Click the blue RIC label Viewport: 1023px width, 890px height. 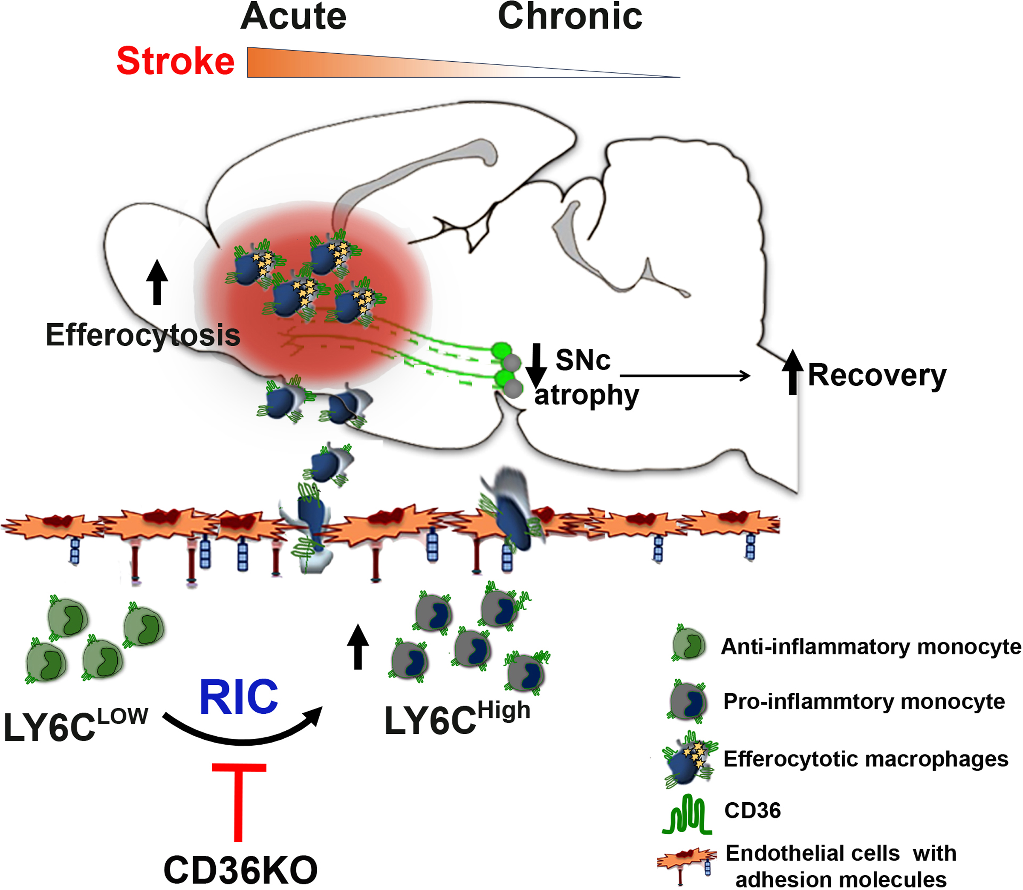239,697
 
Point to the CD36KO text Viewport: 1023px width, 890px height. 240,870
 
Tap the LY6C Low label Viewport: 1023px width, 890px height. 75,725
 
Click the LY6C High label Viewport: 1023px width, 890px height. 457,718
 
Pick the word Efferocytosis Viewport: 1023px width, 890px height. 143,335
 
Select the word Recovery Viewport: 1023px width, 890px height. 877,376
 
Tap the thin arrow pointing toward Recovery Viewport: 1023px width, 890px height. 685,376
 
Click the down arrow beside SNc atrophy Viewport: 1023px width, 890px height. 536,365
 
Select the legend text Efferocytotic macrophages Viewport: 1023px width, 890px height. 865,759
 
